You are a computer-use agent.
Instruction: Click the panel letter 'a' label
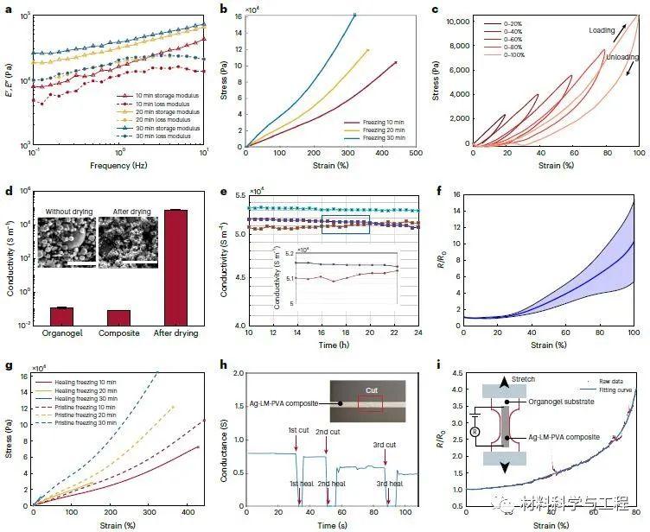pos(7,9)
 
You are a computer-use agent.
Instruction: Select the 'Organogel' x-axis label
pos(61,333)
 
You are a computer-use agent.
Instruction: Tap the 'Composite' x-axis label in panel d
pos(118,333)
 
